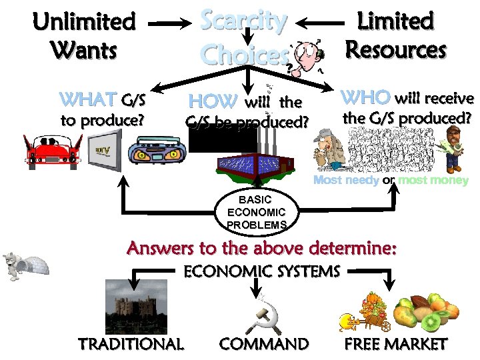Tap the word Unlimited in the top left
tap(84, 21)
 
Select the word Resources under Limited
tap(395, 49)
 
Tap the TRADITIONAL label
tap(131, 344)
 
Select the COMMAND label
tap(264, 344)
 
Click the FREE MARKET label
tap(395, 344)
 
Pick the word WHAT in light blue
tap(87, 101)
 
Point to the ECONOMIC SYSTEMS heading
tap(261, 272)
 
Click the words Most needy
tap(346, 181)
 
